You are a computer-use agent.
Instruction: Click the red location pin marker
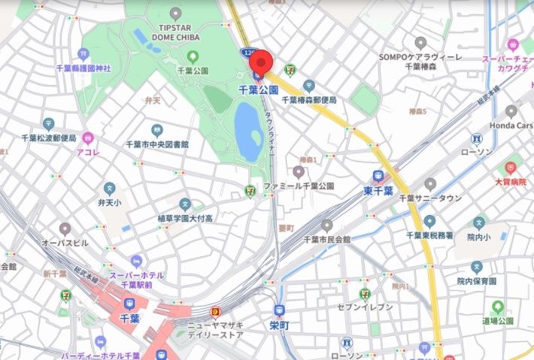pyautogui.click(x=261, y=62)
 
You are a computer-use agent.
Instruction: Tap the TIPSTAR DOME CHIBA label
pyautogui.click(x=176, y=35)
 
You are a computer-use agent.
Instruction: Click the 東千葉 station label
pyautogui.click(x=379, y=191)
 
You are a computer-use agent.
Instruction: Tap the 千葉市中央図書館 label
pyautogui.click(x=157, y=144)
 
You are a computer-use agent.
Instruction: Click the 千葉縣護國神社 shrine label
pyautogui.click(x=83, y=68)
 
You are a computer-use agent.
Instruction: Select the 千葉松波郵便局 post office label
pyautogui.click(x=48, y=138)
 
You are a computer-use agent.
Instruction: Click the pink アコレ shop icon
pyautogui.click(x=88, y=138)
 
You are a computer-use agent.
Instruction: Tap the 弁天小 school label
pyautogui.click(x=109, y=201)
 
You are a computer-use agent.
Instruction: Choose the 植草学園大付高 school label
pyautogui.click(x=185, y=218)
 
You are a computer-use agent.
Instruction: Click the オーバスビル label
pyautogui.click(x=65, y=243)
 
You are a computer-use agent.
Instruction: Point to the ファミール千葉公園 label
pyautogui.click(x=298, y=186)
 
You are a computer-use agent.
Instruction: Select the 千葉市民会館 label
pyautogui.click(x=326, y=239)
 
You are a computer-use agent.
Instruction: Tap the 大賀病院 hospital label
pyautogui.click(x=511, y=180)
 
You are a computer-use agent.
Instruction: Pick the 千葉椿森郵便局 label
pyautogui.click(x=309, y=99)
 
